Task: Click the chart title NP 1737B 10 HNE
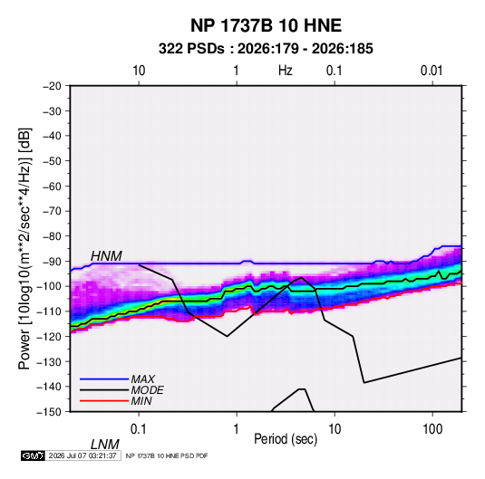[x=266, y=25]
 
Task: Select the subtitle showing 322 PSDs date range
[x=266, y=49]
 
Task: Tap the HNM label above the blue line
[x=106, y=256]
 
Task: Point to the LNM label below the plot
[x=105, y=445]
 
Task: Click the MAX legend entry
[x=143, y=378]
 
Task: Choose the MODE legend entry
[x=147, y=390]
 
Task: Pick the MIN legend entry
[x=141, y=401]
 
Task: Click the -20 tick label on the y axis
[x=52, y=86]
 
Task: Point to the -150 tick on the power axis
[x=50, y=412]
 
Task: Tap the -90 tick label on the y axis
[x=52, y=262]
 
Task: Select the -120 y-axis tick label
[x=50, y=337]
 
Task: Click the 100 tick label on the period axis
[x=432, y=429]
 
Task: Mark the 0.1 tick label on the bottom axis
[x=139, y=429]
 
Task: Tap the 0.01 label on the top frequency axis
[x=432, y=71]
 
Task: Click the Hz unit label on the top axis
[x=286, y=71]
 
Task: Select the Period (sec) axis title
[x=286, y=439]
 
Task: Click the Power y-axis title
[x=24, y=248]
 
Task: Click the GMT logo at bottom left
[x=34, y=455]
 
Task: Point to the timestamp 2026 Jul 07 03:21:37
[x=82, y=455]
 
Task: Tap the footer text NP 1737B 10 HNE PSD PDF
[x=167, y=455]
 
